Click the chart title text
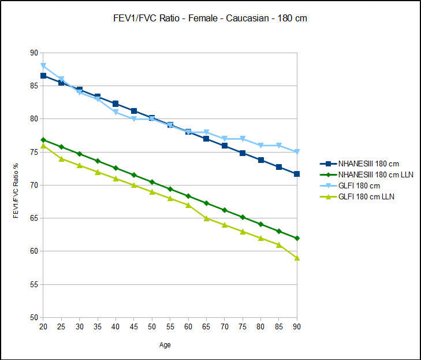click(210, 18)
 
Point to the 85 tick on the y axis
click(34, 86)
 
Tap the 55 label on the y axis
click(34, 285)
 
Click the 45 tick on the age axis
click(133, 327)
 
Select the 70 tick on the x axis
click(225, 327)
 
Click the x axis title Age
click(165, 346)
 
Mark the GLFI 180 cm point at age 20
click(43, 66)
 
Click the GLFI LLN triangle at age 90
click(297, 258)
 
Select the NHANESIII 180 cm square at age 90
click(297, 174)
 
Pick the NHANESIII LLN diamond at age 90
click(297, 238)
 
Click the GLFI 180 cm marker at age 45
click(134, 119)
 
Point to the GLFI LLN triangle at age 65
click(206, 218)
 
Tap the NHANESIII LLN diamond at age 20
click(43, 140)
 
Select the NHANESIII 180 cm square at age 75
click(243, 153)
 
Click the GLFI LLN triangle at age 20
click(43, 146)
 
